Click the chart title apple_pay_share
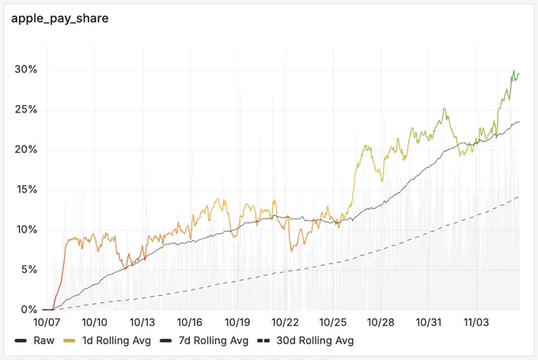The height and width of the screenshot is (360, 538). (x=59, y=18)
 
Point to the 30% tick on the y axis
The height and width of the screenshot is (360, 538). (x=26, y=70)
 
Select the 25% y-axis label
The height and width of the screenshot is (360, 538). (x=26, y=109)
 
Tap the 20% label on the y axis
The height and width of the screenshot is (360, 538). (x=26, y=150)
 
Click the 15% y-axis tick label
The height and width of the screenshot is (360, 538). (x=26, y=189)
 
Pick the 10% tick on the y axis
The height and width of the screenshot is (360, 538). (x=26, y=229)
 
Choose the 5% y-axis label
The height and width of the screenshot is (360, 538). (x=28, y=270)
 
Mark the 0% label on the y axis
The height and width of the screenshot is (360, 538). (x=28, y=309)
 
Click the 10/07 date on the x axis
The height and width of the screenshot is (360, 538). (x=47, y=323)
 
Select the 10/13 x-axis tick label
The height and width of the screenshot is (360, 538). (x=142, y=323)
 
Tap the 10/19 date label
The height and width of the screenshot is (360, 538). (x=237, y=323)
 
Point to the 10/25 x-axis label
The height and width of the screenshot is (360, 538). (x=333, y=323)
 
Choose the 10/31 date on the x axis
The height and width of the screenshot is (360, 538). (x=428, y=323)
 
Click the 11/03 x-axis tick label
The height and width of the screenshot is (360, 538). (x=476, y=323)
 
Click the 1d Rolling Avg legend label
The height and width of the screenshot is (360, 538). (x=116, y=341)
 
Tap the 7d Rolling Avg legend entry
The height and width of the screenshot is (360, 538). (x=214, y=341)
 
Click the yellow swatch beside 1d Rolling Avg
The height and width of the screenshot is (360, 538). (x=70, y=341)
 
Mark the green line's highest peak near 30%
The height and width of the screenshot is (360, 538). (x=513, y=70)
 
